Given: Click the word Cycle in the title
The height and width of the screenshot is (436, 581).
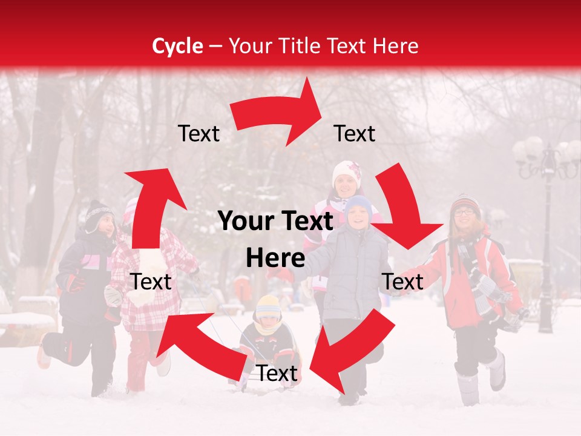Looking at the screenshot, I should click(x=177, y=46).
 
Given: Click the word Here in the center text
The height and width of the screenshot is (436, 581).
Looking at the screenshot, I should click(x=275, y=259).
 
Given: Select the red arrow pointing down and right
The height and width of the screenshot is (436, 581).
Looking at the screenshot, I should click(x=403, y=210).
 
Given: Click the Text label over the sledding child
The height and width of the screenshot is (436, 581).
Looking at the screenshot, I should click(x=277, y=374).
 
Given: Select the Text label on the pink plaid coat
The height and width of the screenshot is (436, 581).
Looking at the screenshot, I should click(x=151, y=282).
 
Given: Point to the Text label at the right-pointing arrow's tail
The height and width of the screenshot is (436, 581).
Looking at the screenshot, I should click(x=199, y=134).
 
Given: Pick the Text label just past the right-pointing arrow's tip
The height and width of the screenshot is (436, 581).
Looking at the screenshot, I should click(x=355, y=133).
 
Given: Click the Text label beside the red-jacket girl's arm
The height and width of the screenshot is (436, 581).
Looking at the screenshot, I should click(x=403, y=282).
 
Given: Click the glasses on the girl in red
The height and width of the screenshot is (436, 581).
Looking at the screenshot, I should click(x=464, y=212).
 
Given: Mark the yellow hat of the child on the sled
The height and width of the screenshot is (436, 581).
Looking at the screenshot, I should click(x=268, y=306).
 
